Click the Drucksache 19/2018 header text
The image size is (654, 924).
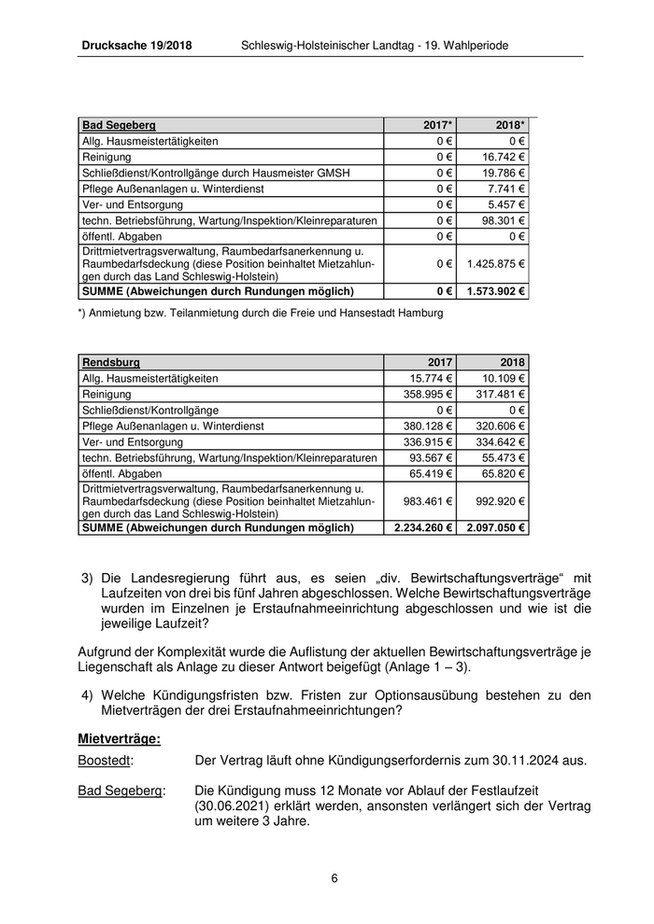[136, 45]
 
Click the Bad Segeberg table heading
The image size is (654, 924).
[119, 124]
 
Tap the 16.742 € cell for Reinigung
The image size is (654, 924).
[504, 157]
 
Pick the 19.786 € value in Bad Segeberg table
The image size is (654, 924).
[504, 173]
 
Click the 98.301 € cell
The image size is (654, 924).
[504, 220]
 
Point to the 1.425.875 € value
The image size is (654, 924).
[497, 264]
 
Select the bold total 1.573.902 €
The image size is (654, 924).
[496, 291]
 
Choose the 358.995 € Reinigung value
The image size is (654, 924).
[425, 394]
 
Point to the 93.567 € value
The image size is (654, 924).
[428, 457]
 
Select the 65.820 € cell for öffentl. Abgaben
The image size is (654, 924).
[504, 473]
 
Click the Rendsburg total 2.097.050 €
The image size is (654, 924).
[496, 527]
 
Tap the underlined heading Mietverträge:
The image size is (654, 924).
[119, 739]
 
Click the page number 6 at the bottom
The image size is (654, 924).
[334, 878]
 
